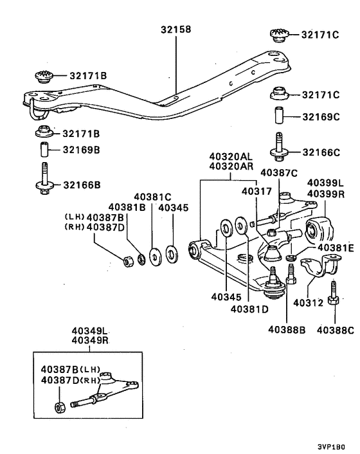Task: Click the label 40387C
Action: click(x=279, y=172)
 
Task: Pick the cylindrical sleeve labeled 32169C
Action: click(x=280, y=117)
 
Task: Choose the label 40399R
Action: click(x=327, y=192)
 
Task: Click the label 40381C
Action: click(x=153, y=196)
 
